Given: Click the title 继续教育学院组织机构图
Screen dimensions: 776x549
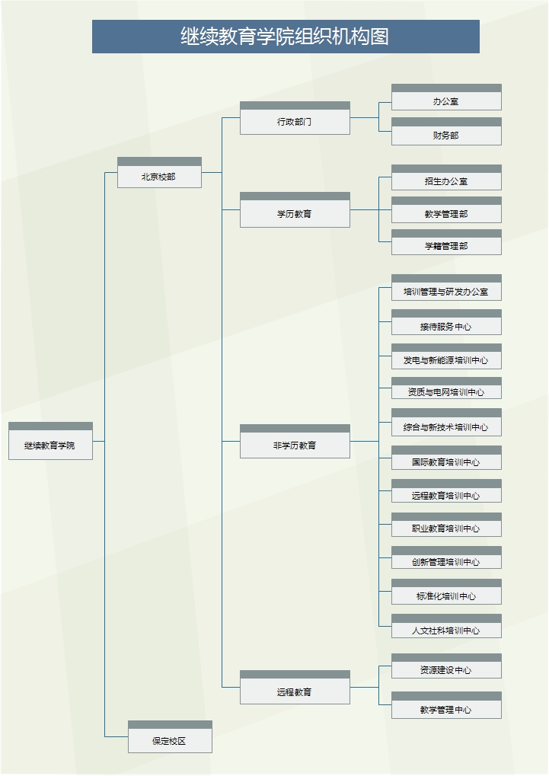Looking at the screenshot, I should pyautogui.click(x=286, y=37).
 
